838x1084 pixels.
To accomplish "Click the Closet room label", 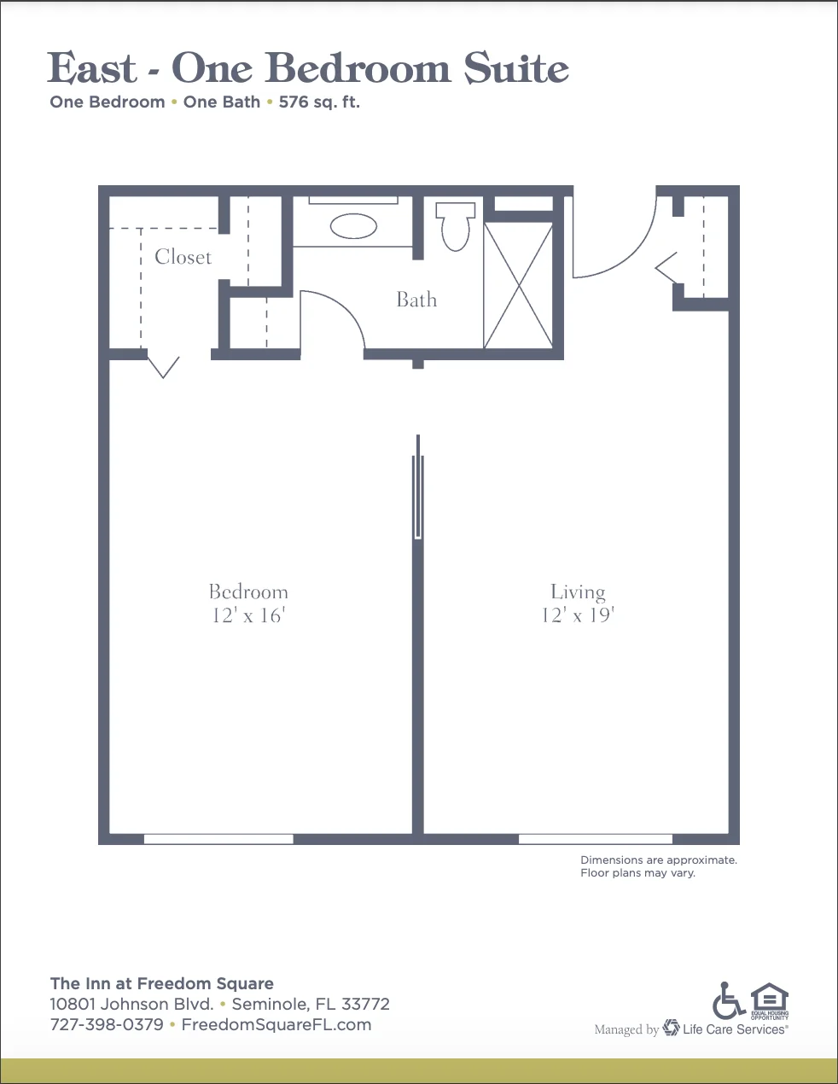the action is pyautogui.click(x=183, y=257).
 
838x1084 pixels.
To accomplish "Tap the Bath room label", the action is pyautogui.click(x=416, y=300).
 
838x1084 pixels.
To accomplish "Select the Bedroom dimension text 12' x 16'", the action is pyautogui.click(x=248, y=615).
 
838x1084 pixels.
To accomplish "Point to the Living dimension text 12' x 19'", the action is pyautogui.click(x=578, y=615).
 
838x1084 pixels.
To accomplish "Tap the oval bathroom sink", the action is pyautogui.click(x=353, y=226).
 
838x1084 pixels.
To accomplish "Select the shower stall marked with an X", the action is pyautogui.click(x=519, y=285).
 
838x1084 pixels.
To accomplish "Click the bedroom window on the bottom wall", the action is pyautogui.click(x=218, y=838).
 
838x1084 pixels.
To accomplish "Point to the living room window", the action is pyautogui.click(x=596, y=838).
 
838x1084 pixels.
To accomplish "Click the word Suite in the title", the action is pyautogui.click(x=516, y=67).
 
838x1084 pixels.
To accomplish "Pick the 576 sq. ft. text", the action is pyautogui.click(x=319, y=102).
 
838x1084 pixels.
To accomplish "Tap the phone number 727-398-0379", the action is pyautogui.click(x=107, y=1024).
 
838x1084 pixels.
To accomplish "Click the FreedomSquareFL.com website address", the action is pyautogui.click(x=276, y=1024).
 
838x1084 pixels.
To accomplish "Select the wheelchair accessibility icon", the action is pyautogui.click(x=728, y=1000).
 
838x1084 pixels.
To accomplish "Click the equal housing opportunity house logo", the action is pyautogui.click(x=769, y=1000).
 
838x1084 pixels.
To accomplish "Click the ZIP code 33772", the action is pyautogui.click(x=365, y=1004).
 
